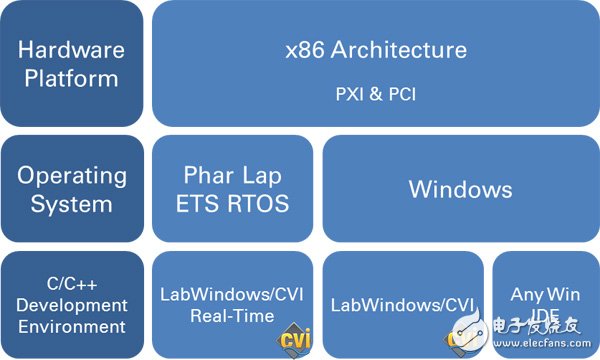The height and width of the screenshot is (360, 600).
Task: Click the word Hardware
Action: pyautogui.click(x=72, y=48)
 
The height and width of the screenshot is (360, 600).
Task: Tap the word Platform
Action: pyautogui.click(x=72, y=79)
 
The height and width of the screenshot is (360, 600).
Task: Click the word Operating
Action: pyautogui.click(x=72, y=175)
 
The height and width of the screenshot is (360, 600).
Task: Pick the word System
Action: pyautogui.click(x=72, y=204)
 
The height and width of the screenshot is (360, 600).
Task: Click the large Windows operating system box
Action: pyautogui.click(x=461, y=190)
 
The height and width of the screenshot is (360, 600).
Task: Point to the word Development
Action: pyautogui.click(x=72, y=304)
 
